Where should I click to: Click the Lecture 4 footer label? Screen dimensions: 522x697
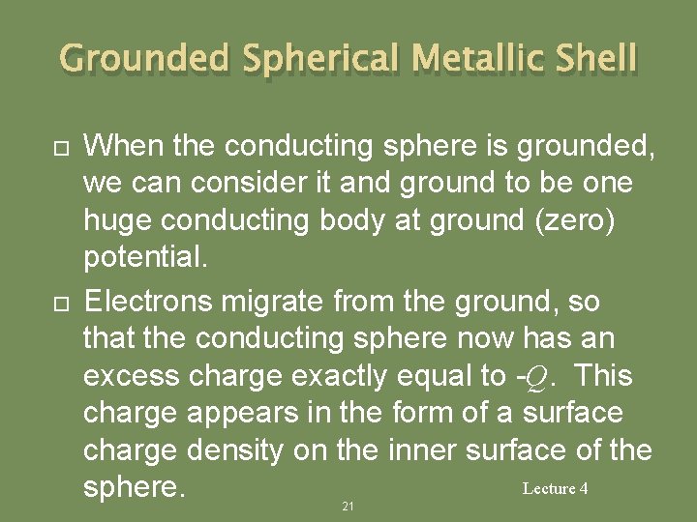coord(555,488)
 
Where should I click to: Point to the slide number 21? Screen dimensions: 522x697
coord(348,507)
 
